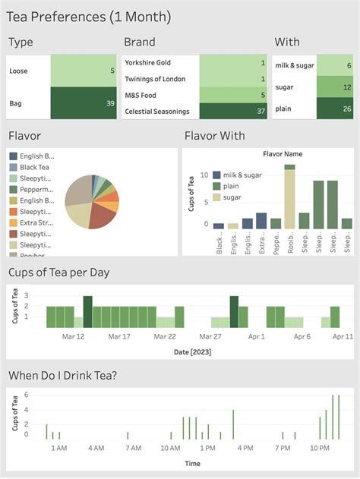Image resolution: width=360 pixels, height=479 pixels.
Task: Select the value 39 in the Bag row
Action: coord(109,103)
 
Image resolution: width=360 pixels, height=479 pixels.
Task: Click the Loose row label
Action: coord(19,71)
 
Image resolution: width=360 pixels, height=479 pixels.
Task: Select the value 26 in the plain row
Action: coord(346,109)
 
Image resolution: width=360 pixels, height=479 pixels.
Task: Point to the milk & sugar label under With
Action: coord(294,66)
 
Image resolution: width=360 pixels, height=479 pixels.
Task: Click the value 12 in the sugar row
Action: coord(346,87)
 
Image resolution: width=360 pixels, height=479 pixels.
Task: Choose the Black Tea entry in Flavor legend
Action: coord(34,167)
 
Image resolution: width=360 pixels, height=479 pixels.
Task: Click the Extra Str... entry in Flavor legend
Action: coord(36,223)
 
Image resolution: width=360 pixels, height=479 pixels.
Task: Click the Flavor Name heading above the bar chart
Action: coord(282,153)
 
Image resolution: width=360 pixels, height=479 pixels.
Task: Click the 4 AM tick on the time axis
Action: coord(96,449)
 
